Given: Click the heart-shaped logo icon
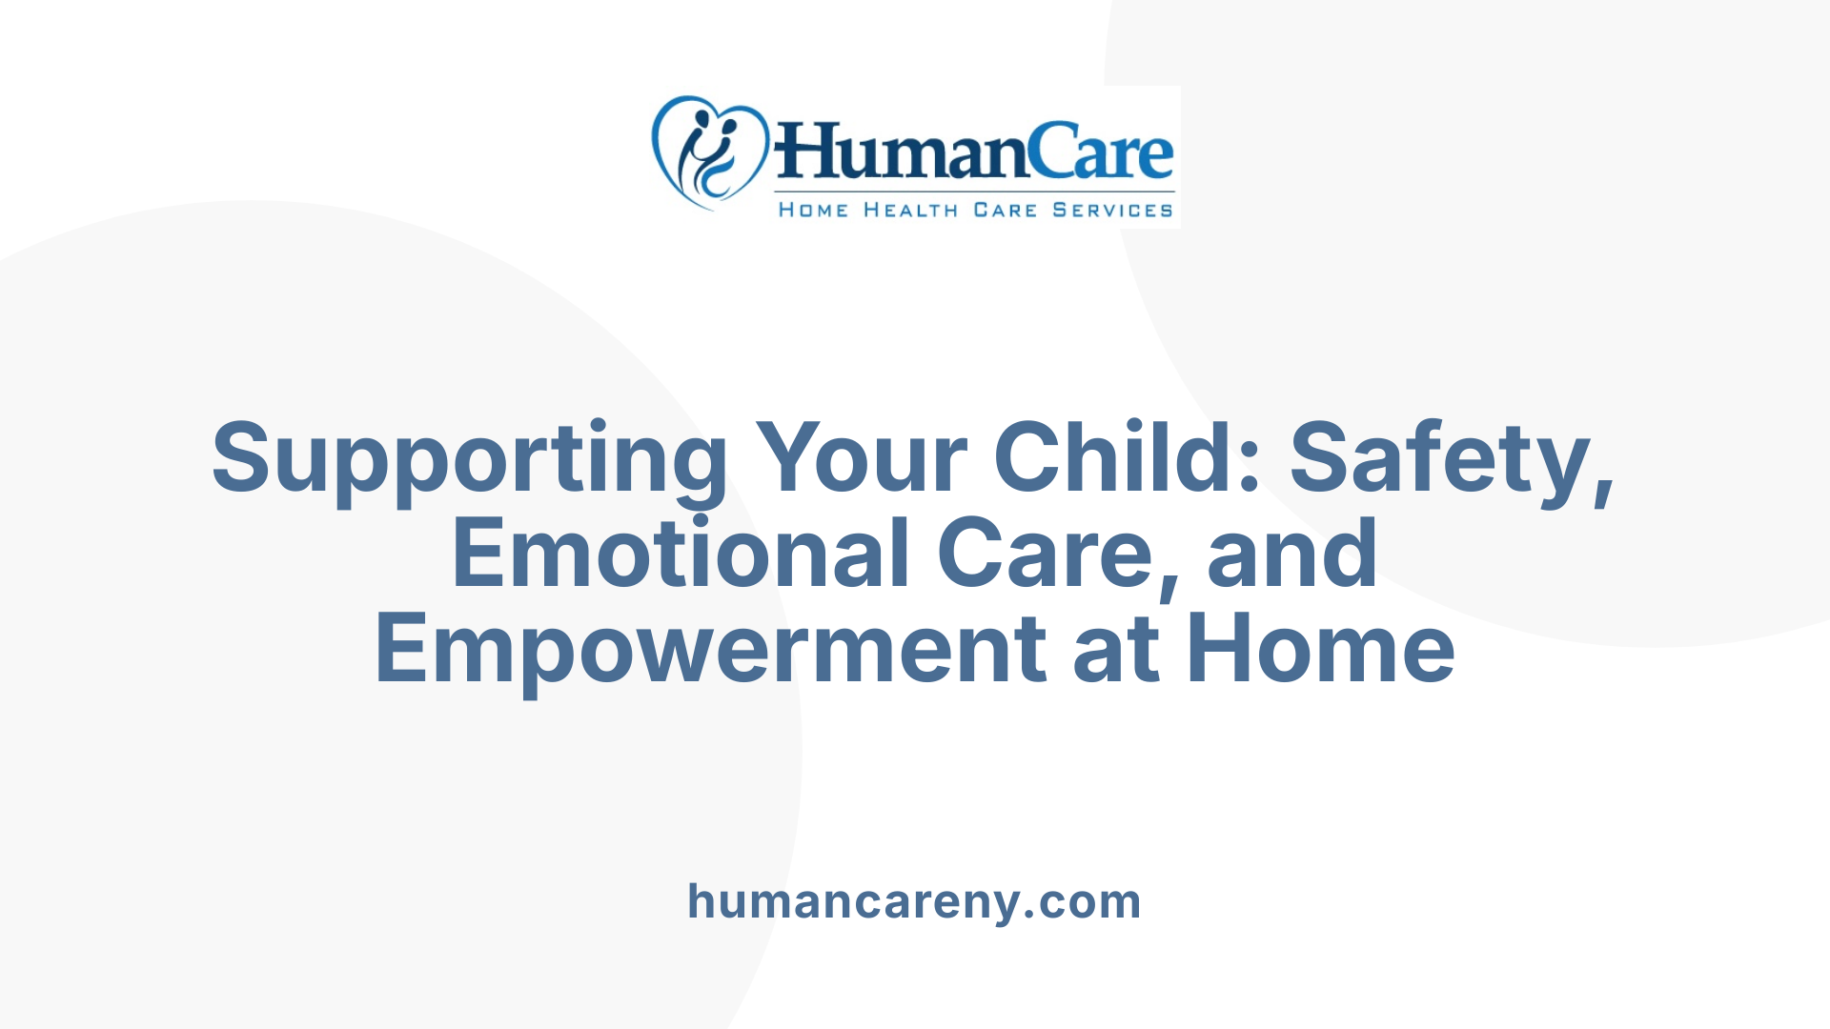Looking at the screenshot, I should [710, 151].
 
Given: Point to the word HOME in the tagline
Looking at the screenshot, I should [813, 210].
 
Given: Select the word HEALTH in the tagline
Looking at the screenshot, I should [910, 210].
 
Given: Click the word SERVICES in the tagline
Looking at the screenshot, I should [1112, 210].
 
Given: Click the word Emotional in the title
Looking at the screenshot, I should [681, 554].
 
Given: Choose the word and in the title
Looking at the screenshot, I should [1291, 554].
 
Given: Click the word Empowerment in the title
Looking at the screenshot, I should [710, 651].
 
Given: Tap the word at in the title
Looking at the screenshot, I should [1116, 651].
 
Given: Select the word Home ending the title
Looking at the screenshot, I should [1321, 651].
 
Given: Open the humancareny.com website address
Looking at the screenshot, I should [914, 901].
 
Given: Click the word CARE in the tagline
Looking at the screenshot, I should [1005, 210].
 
